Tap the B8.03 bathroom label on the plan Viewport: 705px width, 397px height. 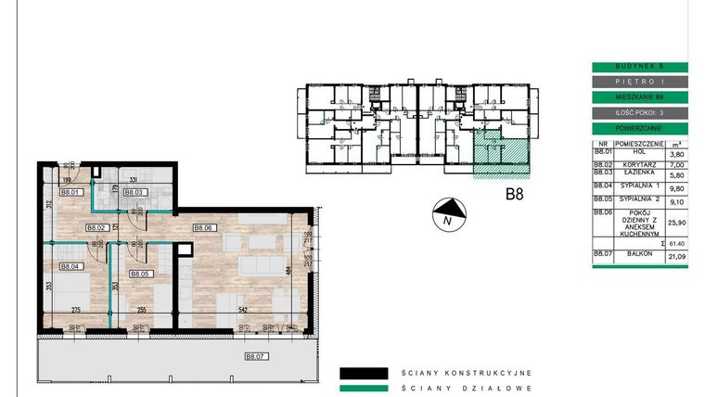click(x=135, y=192)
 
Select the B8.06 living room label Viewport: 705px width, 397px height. click(x=204, y=227)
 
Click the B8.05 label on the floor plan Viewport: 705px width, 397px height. click(x=140, y=275)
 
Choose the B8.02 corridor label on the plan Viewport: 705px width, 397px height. click(x=97, y=227)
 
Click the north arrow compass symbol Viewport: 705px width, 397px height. click(x=446, y=214)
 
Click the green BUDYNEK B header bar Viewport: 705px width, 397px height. click(x=639, y=67)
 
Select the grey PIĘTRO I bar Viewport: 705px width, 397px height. click(x=639, y=82)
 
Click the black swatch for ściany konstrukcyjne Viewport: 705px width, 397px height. click(x=363, y=373)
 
